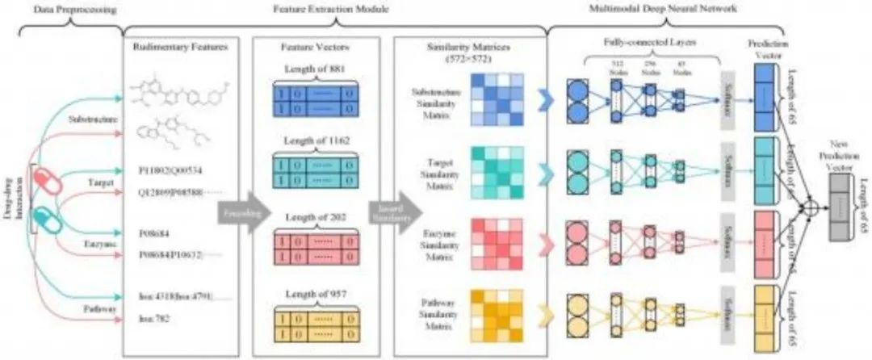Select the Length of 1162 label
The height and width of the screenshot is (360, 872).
(x=317, y=146)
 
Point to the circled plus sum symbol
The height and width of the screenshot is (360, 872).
(x=804, y=208)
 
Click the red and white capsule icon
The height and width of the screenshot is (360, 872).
(x=46, y=190)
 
